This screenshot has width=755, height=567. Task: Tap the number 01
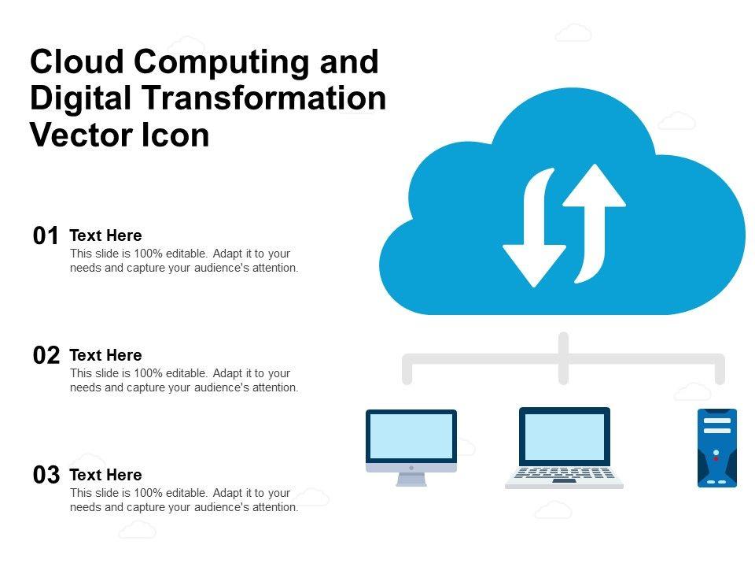pyautogui.click(x=46, y=236)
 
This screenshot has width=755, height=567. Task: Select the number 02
pyautogui.click(x=46, y=356)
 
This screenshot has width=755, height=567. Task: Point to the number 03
pyautogui.click(x=46, y=476)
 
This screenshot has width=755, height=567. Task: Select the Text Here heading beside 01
pyautogui.click(x=105, y=235)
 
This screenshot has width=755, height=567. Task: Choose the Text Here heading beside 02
pyautogui.click(x=105, y=355)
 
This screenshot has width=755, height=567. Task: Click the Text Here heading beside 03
pyautogui.click(x=105, y=475)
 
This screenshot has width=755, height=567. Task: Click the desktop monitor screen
pyautogui.click(x=411, y=436)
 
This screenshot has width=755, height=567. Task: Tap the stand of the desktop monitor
pyautogui.click(x=411, y=479)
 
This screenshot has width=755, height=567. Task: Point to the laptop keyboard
pyautogui.click(x=564, y=474)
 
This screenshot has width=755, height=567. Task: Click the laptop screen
pyautogui.click(x=564, y=436)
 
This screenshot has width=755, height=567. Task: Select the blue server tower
pyautogui.click(x=716, y=447)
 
